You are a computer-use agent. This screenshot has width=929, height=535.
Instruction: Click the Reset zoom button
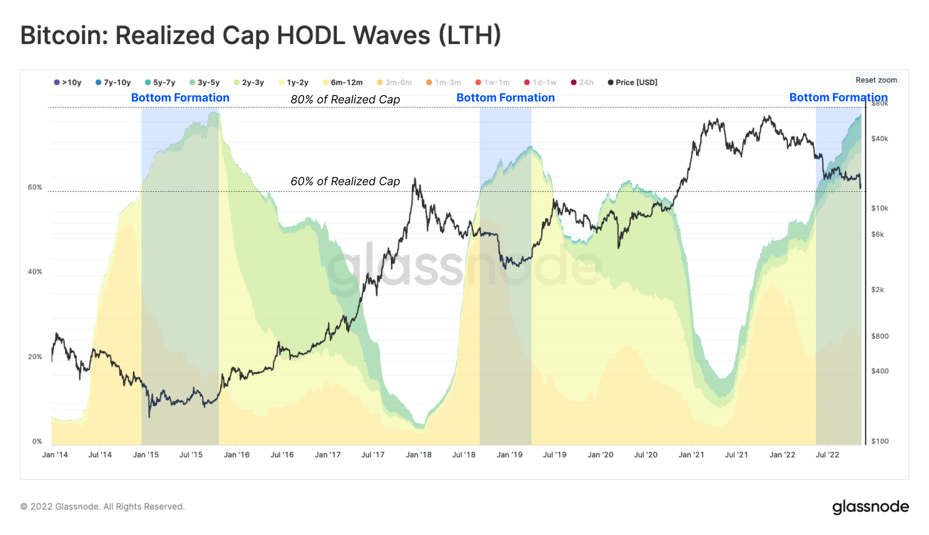(876, 80)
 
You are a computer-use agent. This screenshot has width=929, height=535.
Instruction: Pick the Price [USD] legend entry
(632, 82)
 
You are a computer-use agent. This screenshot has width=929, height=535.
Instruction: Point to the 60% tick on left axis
(35, 187)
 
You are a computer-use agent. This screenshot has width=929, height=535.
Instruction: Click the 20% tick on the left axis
(35, 357)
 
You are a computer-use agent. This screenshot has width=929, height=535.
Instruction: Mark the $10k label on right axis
(879, 208)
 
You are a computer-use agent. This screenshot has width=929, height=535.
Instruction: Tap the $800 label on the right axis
(879, 336)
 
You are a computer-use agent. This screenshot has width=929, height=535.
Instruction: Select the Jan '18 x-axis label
(418, 455)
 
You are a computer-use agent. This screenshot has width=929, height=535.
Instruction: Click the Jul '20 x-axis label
(646, 455)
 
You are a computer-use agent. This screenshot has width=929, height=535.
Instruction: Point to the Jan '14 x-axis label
(55, 455)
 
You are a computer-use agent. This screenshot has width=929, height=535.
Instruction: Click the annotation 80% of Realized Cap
(345, 100)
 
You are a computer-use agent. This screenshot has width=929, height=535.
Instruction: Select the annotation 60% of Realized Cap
(345, 182)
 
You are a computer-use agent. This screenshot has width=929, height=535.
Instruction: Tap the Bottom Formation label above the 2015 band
(180, 98)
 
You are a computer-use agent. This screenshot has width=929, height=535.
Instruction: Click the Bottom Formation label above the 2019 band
(505, 98)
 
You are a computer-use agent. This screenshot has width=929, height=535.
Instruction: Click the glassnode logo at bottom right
(870, 507)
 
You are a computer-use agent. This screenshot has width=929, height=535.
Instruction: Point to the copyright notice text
(103, 507)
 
